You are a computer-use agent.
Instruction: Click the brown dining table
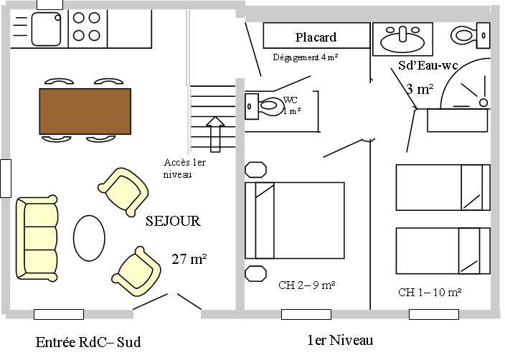[x=85, y=110]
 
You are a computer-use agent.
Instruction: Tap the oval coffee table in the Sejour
[x=90, y=238]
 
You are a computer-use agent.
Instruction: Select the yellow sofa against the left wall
[x=37, y=237]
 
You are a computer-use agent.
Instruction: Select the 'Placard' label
[x=316, y=37]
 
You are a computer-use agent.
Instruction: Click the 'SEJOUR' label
[x=173, y=222]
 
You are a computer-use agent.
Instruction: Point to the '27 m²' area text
[x=189, y=259]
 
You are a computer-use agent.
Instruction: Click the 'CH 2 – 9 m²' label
[x=307, y=285]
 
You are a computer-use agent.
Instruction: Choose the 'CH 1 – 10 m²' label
[x=430, y=292]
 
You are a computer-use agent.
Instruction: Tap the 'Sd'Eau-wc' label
[x=428, y=65]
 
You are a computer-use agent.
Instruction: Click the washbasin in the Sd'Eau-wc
[x=402, y=37]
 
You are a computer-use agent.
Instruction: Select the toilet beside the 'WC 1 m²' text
[x=262, y=105]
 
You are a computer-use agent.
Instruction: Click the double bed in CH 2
[x=294, y=220]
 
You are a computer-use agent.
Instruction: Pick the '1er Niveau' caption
[x=340, y=340]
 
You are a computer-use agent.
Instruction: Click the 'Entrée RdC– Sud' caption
[x=88, y=342]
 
